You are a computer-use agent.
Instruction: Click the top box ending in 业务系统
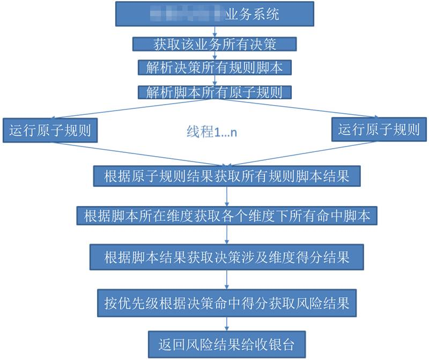tap(214, 14)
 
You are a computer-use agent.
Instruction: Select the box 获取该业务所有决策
tap(214, 43)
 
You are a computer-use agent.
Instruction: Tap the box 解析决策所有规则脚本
tap(214, 68)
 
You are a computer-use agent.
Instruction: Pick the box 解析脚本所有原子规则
tap(214, 92)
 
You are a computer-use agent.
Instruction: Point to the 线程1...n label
tap(212, 132)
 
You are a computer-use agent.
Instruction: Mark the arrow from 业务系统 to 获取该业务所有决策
tap(214, 31)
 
